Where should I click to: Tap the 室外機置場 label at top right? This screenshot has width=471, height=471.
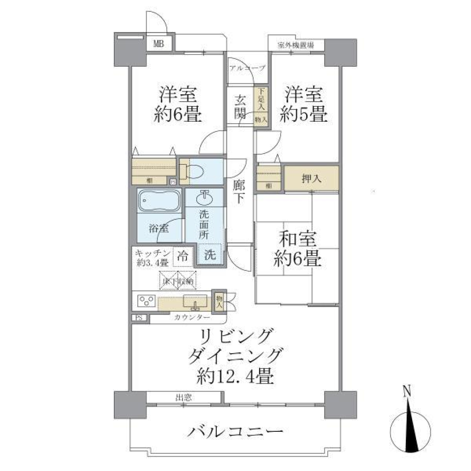click(x=295, y=45)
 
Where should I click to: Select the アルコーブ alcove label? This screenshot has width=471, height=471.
click(x=247, y=68)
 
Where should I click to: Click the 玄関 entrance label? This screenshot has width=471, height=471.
click(x=240, y=107)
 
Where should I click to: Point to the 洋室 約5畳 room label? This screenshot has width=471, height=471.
click(x=304, y=104)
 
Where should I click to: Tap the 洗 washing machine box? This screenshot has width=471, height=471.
click(x=209, y=256)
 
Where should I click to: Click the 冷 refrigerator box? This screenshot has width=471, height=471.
click(x=183, y=255)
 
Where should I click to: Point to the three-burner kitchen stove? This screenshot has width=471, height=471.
click(x=146, y=300)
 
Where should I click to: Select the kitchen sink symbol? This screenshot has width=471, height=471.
click(x=195, y=302)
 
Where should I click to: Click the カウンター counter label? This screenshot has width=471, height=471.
click(x=189, y=317)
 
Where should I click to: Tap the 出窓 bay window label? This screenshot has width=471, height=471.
click(x=184, y=397)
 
